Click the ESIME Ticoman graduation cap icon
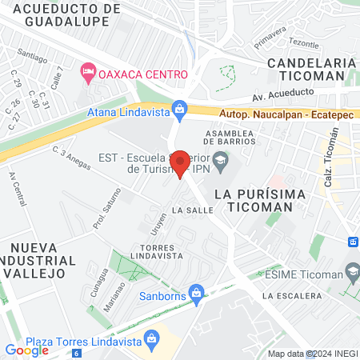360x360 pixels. tap(351, 274)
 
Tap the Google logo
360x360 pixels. tap(27, 350)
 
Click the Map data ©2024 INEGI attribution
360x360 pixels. tap(311, 354)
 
